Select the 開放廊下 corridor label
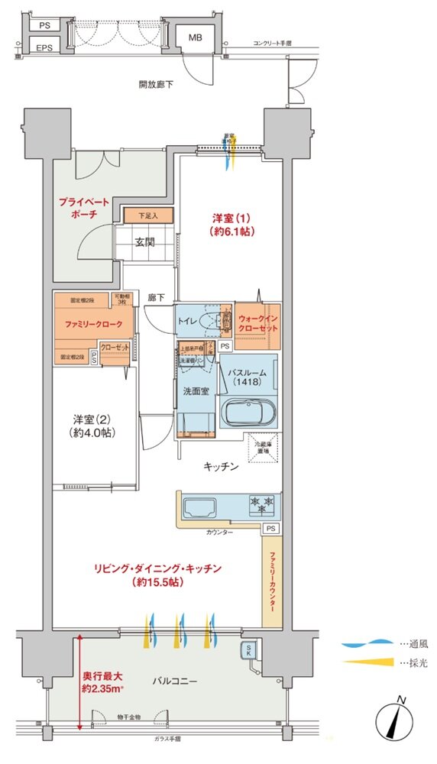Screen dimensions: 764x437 point(155,83)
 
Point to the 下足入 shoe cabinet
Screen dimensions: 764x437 point(147,216)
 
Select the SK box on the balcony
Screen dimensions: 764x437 point(249,650)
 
